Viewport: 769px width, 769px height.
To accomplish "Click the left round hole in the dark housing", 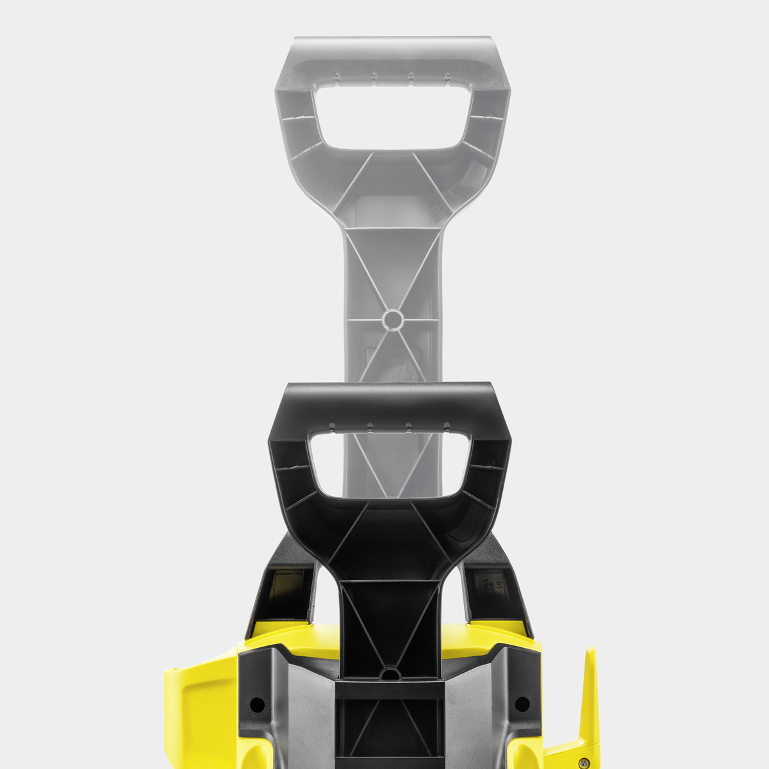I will tap(256, 704).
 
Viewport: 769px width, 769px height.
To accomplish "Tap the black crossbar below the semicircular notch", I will tap(389, 690).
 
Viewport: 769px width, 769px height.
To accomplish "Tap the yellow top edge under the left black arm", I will tap(282, 631).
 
